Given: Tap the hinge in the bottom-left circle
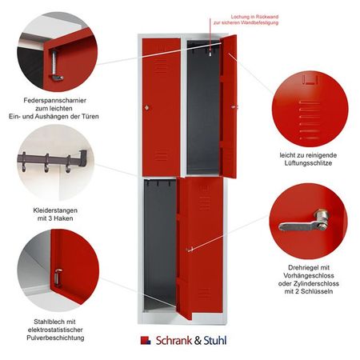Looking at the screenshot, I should coord(58,277).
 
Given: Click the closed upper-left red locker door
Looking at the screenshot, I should coord(161,104).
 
